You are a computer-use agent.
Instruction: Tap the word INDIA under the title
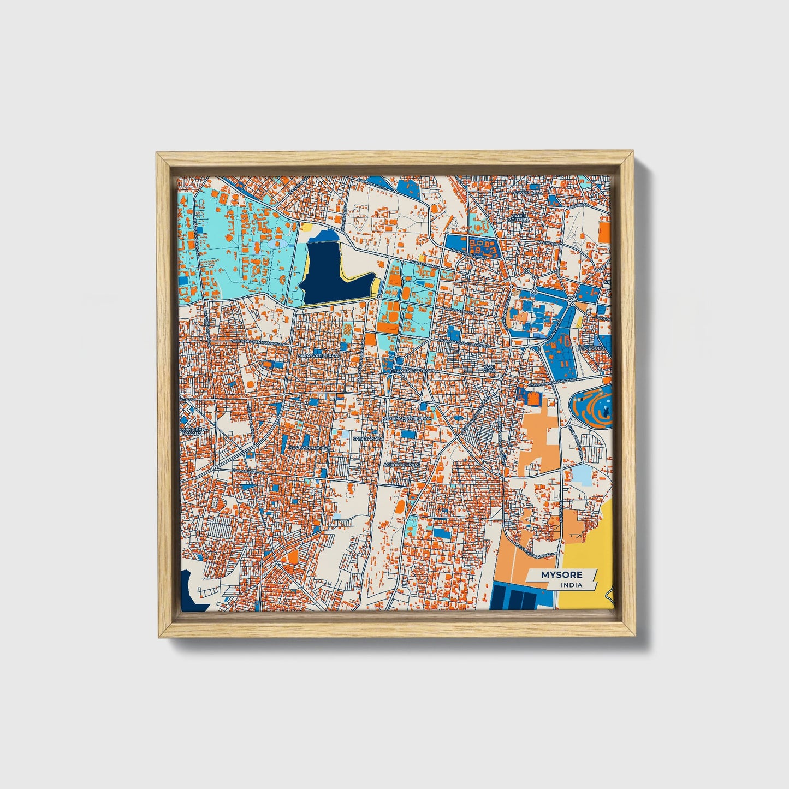571,585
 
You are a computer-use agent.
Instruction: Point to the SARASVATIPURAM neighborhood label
318,355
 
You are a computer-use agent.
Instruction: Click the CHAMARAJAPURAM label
412,371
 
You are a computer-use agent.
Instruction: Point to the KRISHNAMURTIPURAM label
407,418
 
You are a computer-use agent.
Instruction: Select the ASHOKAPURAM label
401,465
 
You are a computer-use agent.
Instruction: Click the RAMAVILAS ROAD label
452,311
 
